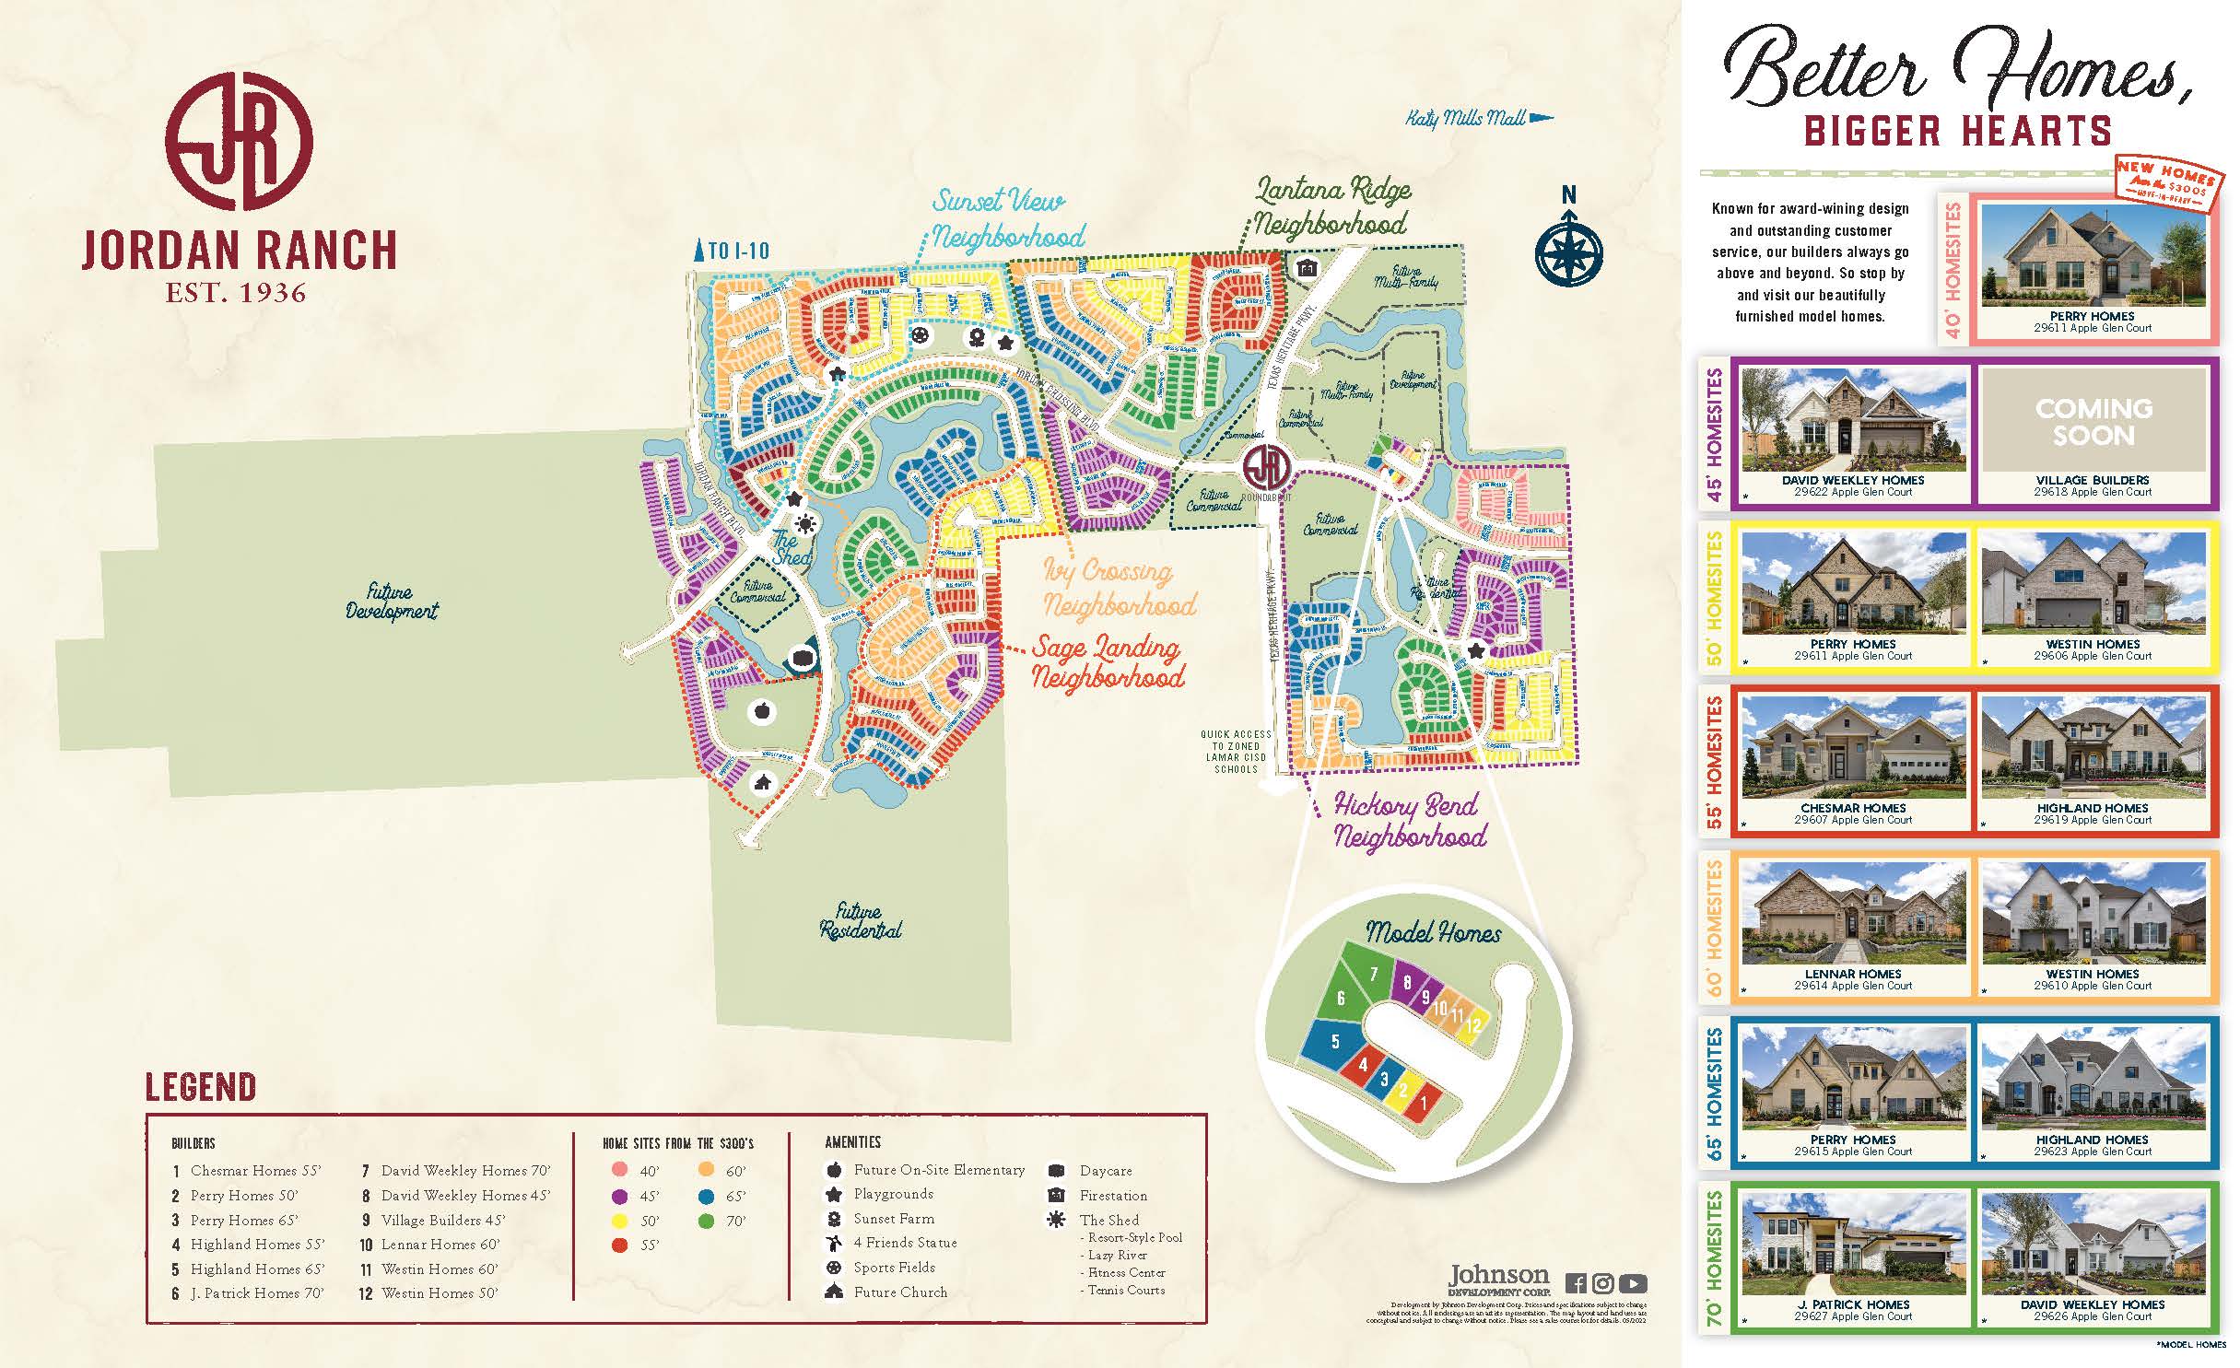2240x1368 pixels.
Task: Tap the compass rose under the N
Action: click(1568, 251)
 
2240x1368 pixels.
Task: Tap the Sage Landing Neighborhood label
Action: click(1107, 662)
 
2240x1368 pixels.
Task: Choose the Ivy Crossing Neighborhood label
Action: click(1118, 588)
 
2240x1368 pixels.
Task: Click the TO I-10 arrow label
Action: click(733, 251)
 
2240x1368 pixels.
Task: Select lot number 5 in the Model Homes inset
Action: click(1335, 1042)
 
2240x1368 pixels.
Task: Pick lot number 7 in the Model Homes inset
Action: click(1374, 974)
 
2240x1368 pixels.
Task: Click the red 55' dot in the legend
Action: click(620, 1245)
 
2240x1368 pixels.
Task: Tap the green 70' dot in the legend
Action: click(706, 1222)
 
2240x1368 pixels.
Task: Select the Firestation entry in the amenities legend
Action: click(1112, 1196)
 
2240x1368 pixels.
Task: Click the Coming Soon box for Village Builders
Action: click(2093, 421)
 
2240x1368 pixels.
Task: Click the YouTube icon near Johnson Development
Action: click(1633, 1283)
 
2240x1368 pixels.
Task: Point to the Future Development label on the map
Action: click(391, 601)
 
